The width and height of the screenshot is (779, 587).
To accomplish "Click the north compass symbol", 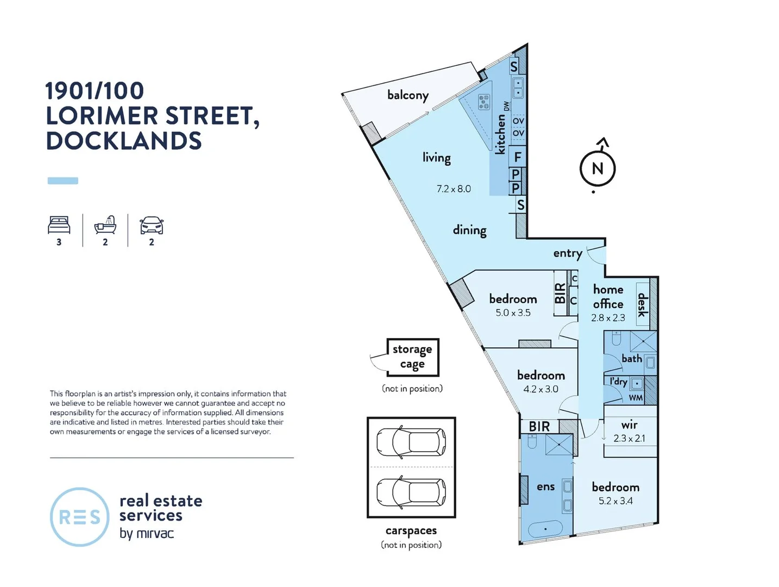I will point(597,168).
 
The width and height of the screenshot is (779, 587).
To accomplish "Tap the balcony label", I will point(407,95).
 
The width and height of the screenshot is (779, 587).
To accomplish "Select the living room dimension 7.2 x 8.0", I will point(454,189).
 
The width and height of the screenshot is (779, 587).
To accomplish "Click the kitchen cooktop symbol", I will point(483,102).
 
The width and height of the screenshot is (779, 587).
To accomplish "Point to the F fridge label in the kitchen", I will point(518,157).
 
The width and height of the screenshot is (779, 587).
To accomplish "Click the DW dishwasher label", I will point(506,106).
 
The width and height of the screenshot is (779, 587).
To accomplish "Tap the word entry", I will point(567,253).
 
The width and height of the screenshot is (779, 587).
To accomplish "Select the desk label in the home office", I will point(642,304).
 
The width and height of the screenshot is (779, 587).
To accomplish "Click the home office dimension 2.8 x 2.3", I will point(608,317).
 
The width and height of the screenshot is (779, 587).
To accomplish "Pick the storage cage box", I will point(412,357).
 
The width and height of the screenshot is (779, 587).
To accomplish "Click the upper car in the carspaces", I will point(411,442).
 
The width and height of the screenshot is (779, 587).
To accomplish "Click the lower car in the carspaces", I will point(411,492).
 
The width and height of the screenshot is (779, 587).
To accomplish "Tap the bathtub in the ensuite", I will point(545,529).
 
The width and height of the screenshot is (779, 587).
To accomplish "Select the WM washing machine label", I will point(636,398).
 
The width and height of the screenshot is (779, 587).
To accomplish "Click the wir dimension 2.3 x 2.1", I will point(629,438).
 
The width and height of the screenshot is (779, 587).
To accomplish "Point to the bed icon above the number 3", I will point(59,225).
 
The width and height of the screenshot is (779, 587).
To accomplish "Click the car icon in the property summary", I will point(152,225).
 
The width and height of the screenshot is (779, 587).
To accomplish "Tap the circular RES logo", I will point(79,517).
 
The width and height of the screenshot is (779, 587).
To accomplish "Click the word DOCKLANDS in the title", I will point(124,141).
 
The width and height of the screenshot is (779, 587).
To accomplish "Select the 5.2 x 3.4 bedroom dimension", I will point(615,501).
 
